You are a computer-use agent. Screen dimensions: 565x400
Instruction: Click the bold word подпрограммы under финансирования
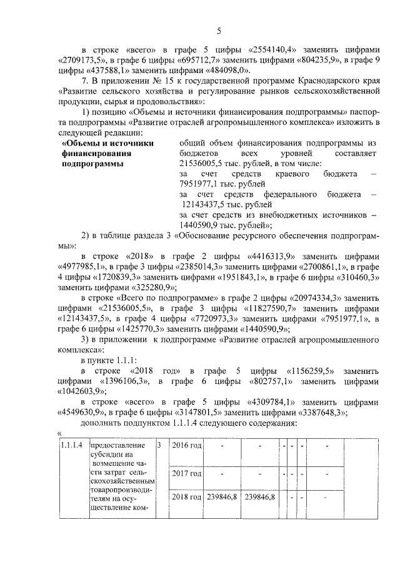[x=90, y=163]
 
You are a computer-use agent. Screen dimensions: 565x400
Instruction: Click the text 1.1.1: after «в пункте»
[x=133, y=360]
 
